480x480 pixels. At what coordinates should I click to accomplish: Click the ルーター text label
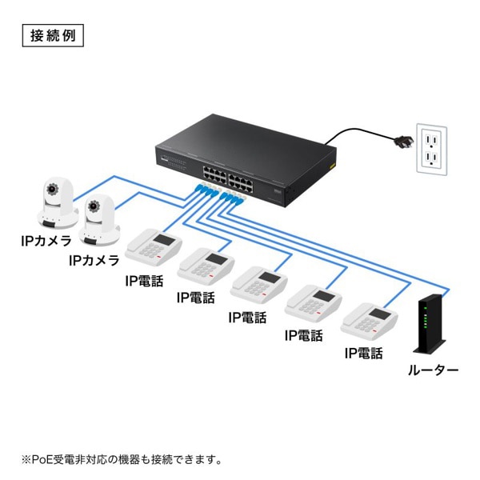tap(433, 370)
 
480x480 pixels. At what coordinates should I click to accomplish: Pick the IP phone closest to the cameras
tap(154, 247)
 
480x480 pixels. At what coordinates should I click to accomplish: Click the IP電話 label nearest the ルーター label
tap(363, 353)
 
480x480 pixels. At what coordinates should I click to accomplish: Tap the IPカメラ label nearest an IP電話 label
tap(94, 260)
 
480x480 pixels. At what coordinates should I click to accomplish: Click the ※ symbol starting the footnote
tap(25, 459)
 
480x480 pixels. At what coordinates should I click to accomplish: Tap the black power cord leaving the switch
tap(352, 132)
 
